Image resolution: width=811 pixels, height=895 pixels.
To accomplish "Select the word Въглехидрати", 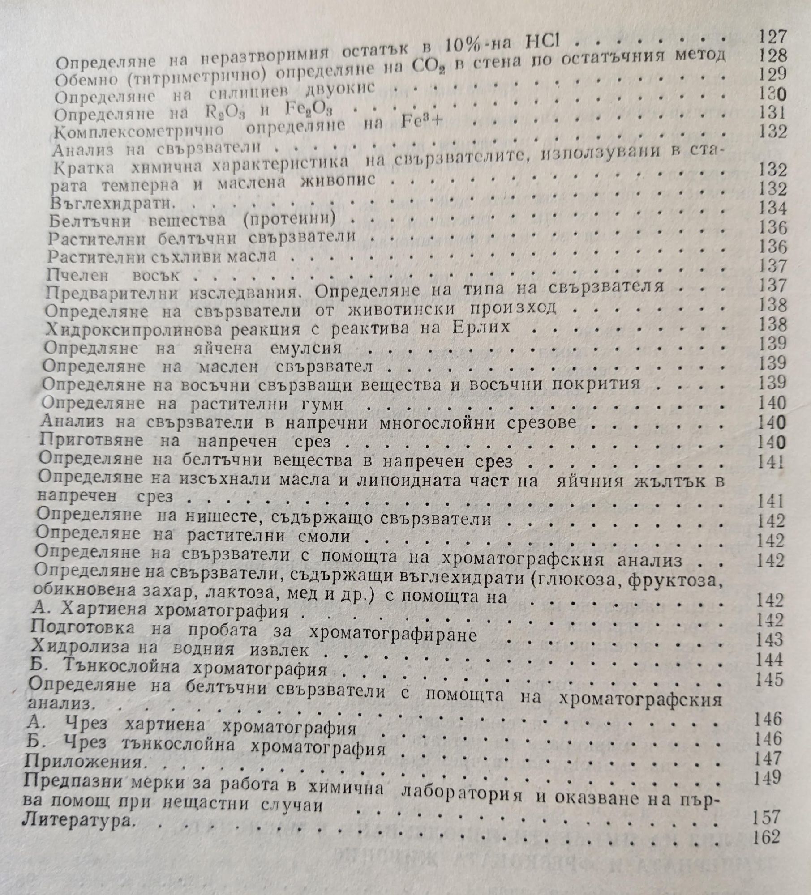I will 112,204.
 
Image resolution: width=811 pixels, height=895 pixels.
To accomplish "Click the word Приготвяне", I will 91,441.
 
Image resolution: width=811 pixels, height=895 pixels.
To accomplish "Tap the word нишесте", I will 227,518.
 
